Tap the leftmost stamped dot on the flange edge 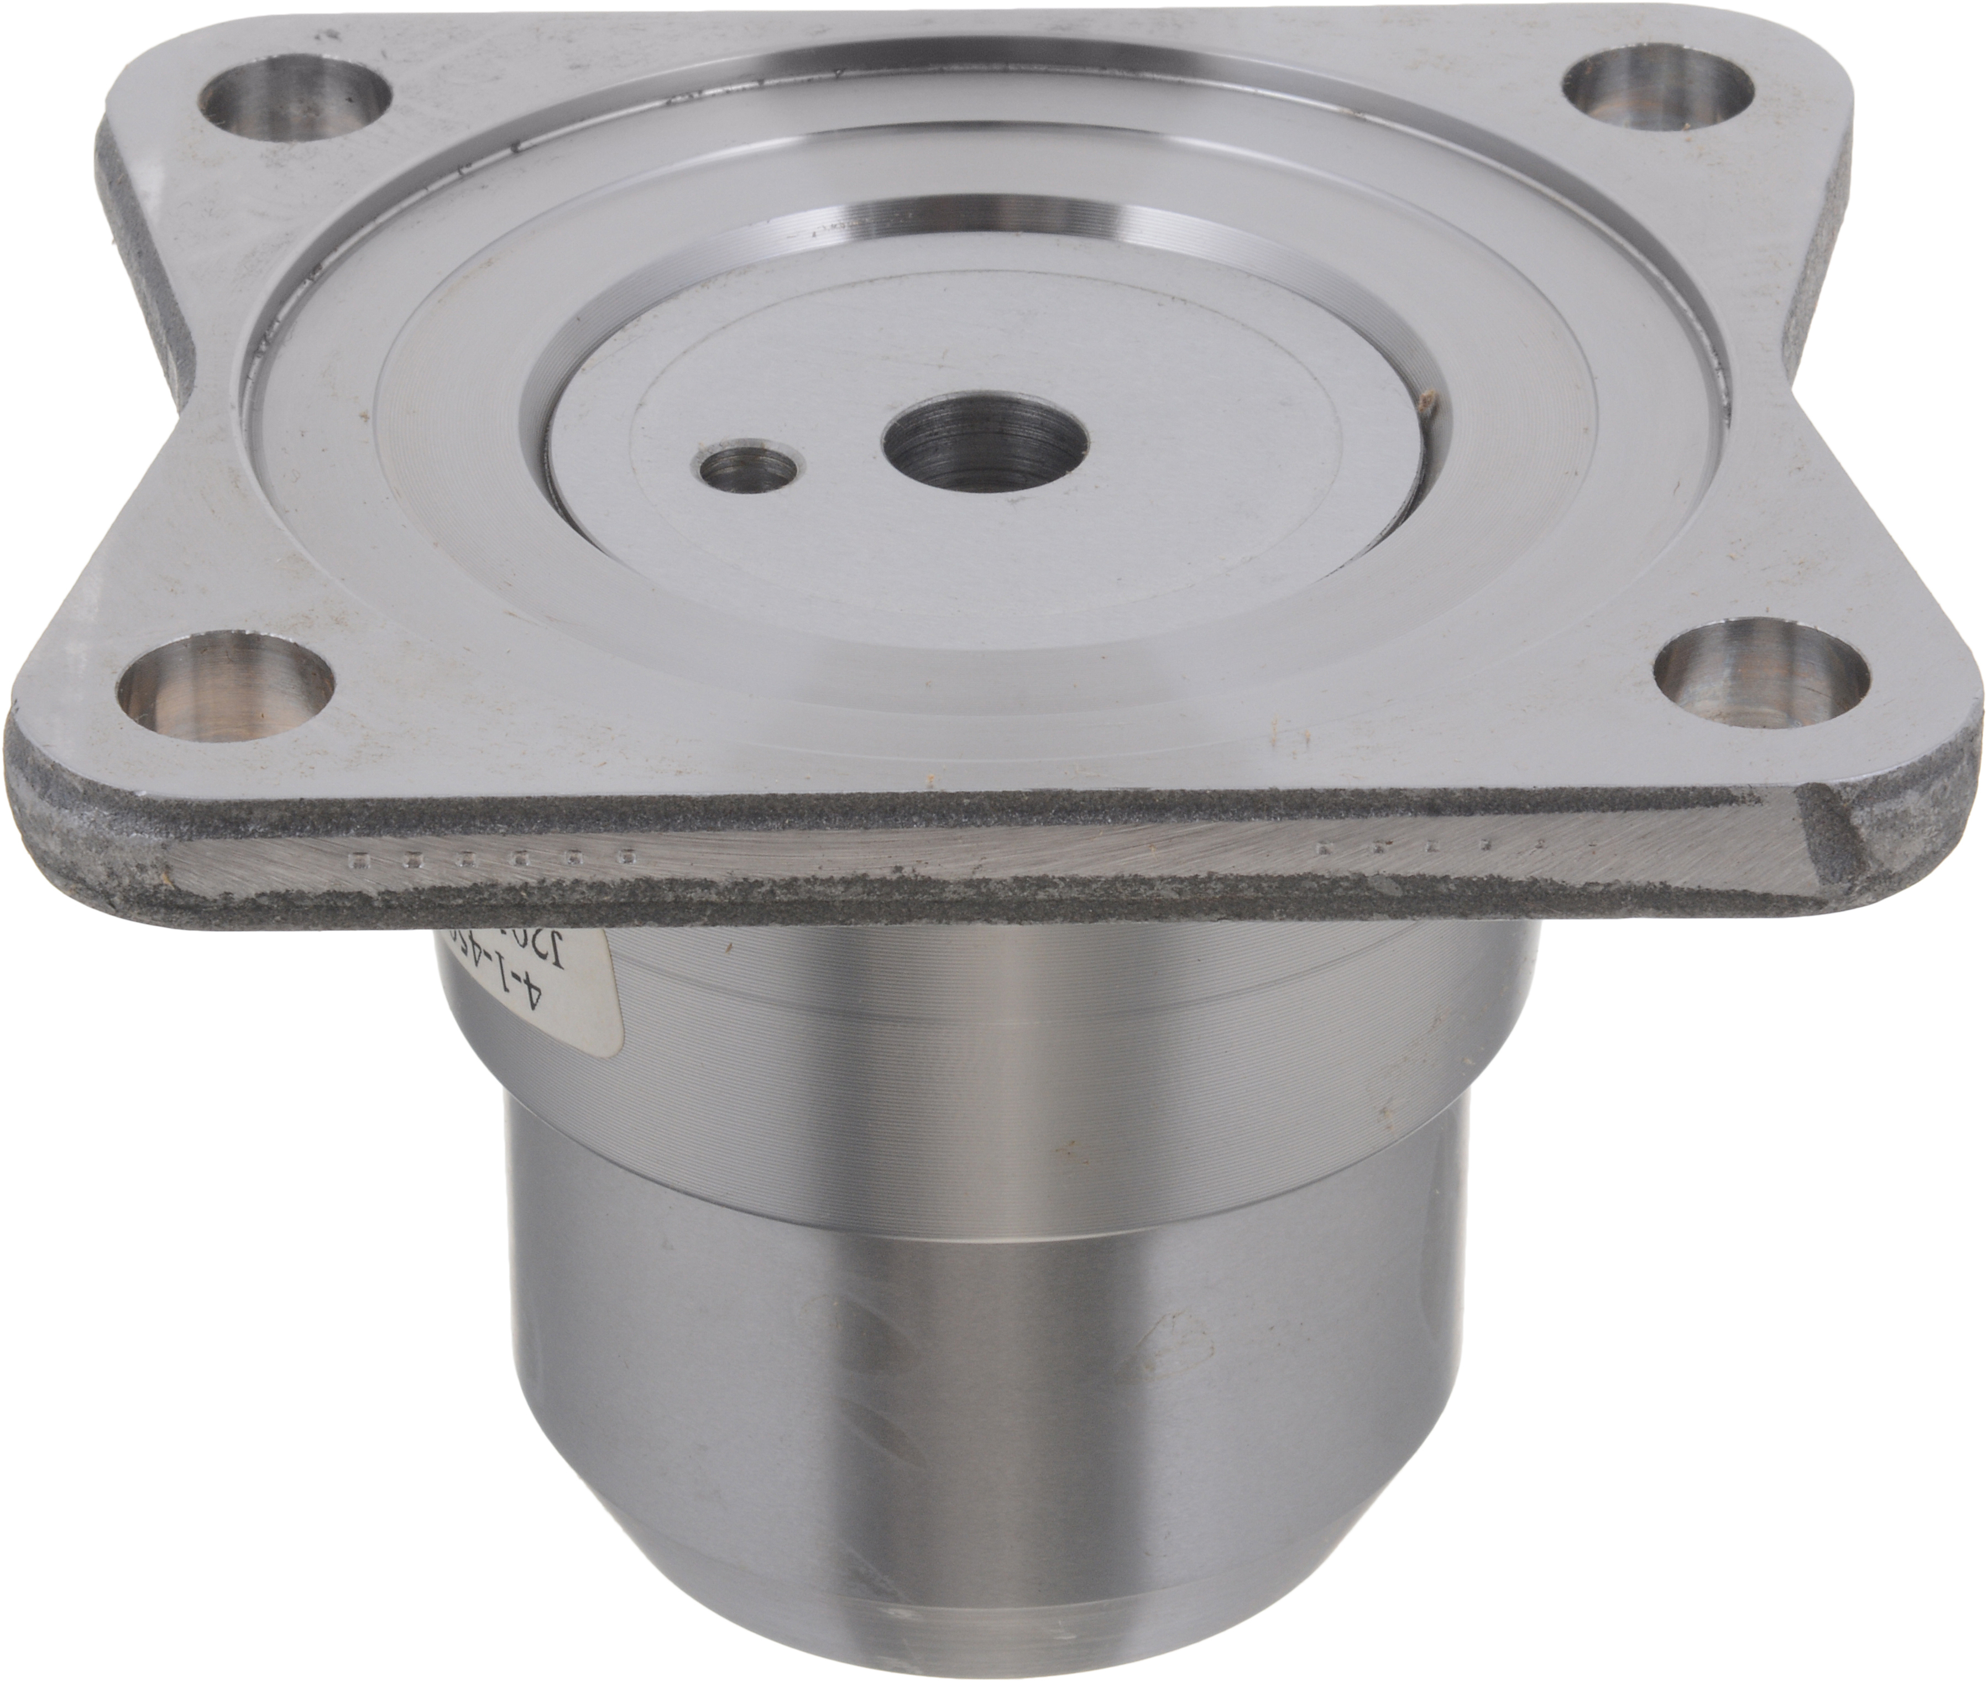[358, 864]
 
